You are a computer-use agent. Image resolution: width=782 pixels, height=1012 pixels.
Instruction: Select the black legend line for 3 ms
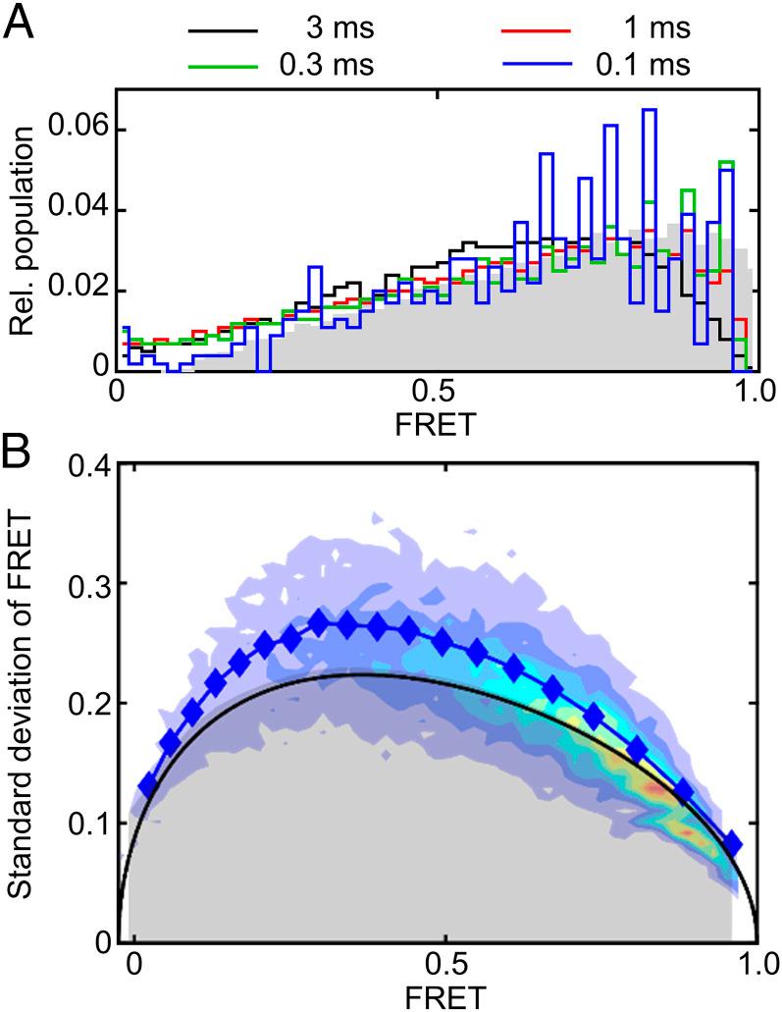pos(224,30)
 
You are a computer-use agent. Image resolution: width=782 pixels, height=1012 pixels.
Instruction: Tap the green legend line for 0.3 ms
pos(224,66)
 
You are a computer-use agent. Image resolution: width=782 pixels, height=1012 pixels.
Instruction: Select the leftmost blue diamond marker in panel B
pos(148,785)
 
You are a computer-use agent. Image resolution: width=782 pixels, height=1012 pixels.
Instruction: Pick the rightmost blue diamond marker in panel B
pos(732,843)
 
